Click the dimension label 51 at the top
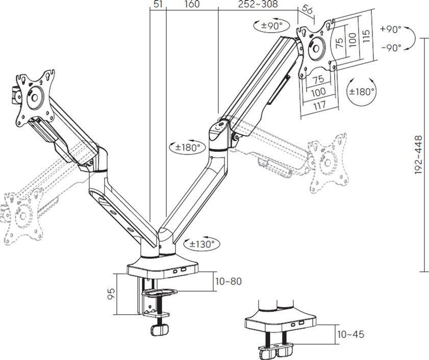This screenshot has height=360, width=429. point(158,4)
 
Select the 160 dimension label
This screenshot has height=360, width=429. point(192,4)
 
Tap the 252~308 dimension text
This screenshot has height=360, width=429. point(258,4)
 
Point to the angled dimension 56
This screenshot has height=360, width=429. point(307,10)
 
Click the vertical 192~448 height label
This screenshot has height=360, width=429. point(419,155)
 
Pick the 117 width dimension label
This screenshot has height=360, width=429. point(319,105)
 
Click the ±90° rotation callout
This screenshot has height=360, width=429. point(271,26)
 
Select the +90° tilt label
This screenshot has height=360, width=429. point(391,29)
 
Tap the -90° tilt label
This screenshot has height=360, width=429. point(391,48)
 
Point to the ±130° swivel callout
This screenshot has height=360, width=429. point(202,244)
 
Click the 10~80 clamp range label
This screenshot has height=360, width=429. point(229,281)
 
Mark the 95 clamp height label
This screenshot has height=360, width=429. point(111,294)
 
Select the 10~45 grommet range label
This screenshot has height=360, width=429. point(351,335)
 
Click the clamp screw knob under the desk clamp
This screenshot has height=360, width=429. point(160,329)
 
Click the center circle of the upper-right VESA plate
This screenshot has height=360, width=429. point(316,48)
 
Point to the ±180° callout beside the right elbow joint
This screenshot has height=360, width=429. point(188,147)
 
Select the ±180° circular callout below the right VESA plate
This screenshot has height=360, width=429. point(362,92)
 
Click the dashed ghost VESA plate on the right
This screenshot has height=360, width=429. point(328,163)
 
